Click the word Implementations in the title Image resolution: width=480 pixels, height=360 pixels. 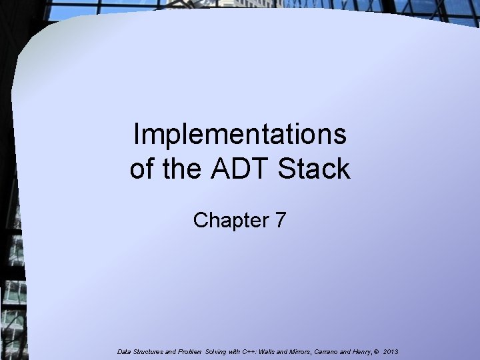tap(240, 135)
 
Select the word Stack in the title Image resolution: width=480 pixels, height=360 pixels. tap(314, 168)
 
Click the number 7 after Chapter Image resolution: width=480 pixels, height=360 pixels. tap(281, 219)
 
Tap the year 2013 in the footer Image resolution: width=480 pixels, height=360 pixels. tap(391, 352)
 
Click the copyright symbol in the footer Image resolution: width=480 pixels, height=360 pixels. tap(376, 352)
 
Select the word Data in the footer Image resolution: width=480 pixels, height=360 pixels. tap(124, 352)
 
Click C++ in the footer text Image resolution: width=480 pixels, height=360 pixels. tap(249, 352)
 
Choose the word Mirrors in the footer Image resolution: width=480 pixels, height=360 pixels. tap(301, 352)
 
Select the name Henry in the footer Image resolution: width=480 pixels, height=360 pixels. tap(361, 352)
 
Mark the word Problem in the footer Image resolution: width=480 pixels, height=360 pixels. tap(190, 352)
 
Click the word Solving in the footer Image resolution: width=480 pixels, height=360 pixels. tap(215, 352)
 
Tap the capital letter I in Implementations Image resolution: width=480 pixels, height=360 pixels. tap(136, 134)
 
